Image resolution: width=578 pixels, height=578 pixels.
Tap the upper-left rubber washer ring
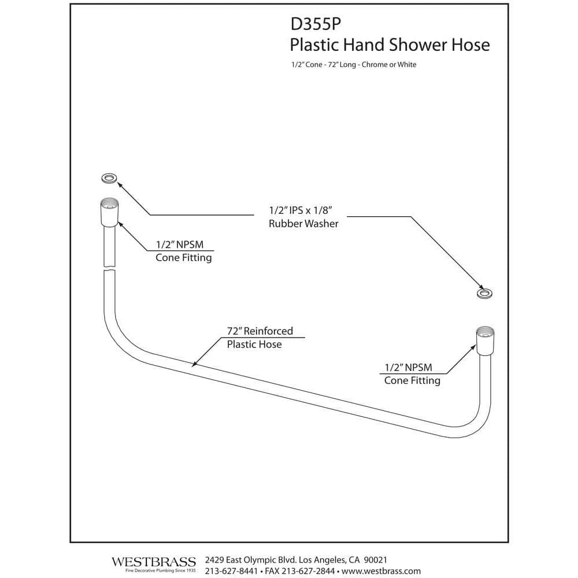[108, 177]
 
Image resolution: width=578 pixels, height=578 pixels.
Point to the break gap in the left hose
[108, 269]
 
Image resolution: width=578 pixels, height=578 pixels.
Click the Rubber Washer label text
[303, 224]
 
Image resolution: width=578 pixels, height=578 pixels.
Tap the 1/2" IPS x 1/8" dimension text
[303, 211]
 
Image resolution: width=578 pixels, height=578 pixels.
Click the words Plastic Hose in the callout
[254, 344]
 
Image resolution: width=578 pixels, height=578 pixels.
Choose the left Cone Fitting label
[183, 258]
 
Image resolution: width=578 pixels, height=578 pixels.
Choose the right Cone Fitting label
[412, 380]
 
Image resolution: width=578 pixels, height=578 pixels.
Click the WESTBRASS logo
[153, 562]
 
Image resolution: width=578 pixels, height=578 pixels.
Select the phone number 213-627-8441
[230, 571]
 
